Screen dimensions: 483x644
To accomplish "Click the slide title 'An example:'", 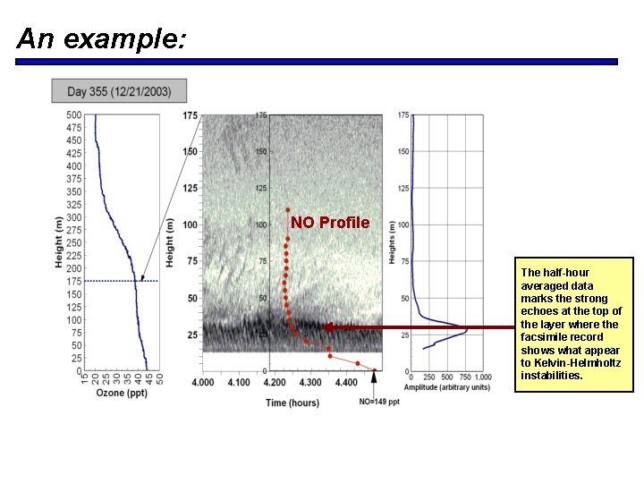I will pyautogui.click(x=101, y=38).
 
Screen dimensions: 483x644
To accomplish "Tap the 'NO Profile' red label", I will pyautogui.click(x=329, y=222).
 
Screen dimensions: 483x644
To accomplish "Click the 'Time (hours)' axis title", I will pyautogui.click(x=292, y=402).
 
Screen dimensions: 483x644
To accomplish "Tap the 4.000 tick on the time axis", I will pyautogui.click(x=203, y=383).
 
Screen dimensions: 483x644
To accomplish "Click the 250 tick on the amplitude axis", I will pyautogui.click(x=429, y=377).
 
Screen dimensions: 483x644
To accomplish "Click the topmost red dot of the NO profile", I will pyautogui.click(x=288, y=211).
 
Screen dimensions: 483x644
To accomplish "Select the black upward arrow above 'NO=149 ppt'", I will pyautogui.click(x=374, y=380).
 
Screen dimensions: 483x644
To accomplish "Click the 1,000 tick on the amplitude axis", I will pyautogui.click(x=483, y=377).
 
